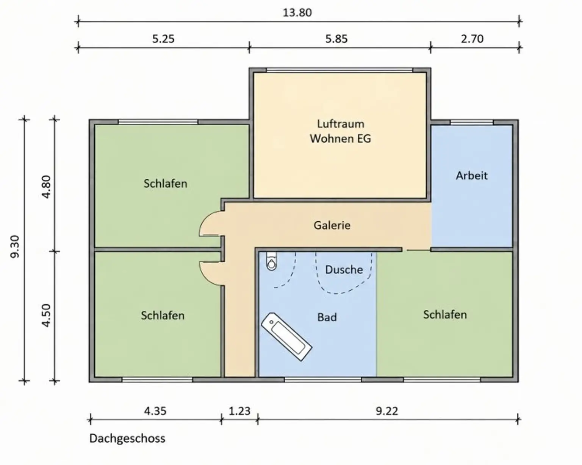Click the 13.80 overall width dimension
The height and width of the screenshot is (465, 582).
[x=297, y=13]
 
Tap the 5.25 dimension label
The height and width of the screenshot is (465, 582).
[x=163, y=39]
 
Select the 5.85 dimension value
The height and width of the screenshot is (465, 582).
[x=336, y=39]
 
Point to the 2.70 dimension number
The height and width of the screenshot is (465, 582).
[x=472, y=39]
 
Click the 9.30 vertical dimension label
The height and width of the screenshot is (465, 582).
[x=15, y=247]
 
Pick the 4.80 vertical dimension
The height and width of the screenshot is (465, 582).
[x=46, y=187]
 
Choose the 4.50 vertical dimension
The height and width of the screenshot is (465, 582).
[x=46, y=316]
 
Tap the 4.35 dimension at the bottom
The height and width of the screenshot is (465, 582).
[x=155, y=411]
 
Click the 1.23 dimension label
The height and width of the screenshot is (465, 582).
[x=239, y=411]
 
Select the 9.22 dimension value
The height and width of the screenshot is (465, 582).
[x=387, y=411]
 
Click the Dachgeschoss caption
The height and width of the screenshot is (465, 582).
[x=127, y=439]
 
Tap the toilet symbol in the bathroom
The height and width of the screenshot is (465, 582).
[x=272, y=261]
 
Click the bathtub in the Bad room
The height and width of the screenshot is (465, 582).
[x=286, y=337]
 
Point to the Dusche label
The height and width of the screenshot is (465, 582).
[x=344, y=269]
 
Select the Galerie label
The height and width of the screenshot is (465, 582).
[x=332, y=225]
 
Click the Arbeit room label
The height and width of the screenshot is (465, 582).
[x=472, y=176]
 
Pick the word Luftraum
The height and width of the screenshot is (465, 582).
[x=341, y=124]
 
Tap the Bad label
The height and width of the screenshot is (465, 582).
[x=327, y=317]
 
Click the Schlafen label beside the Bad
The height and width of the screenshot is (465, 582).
[x=445, y=314]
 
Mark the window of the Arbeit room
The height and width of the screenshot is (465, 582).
[x=472, y=122]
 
